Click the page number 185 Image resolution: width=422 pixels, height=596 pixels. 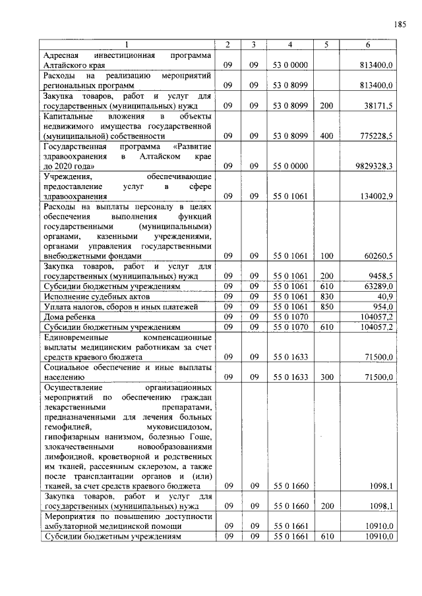[x=399, y=24]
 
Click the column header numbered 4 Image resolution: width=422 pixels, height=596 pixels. [x=289, y=45]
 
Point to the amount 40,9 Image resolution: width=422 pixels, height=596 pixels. [x=386, y=296]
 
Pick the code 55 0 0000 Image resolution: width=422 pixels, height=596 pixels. [x=289, y=167]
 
